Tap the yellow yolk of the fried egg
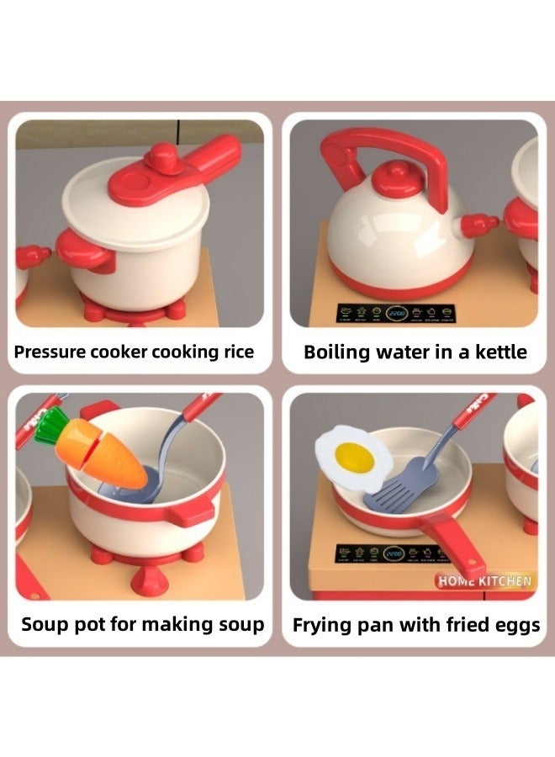pos(355,457)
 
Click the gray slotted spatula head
pos(396,490)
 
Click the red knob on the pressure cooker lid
pos(162,158)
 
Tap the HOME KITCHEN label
pos(484,580)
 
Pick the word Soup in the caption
pos(45,624)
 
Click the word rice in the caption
pos(235,352)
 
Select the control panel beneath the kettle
pos(396,312)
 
